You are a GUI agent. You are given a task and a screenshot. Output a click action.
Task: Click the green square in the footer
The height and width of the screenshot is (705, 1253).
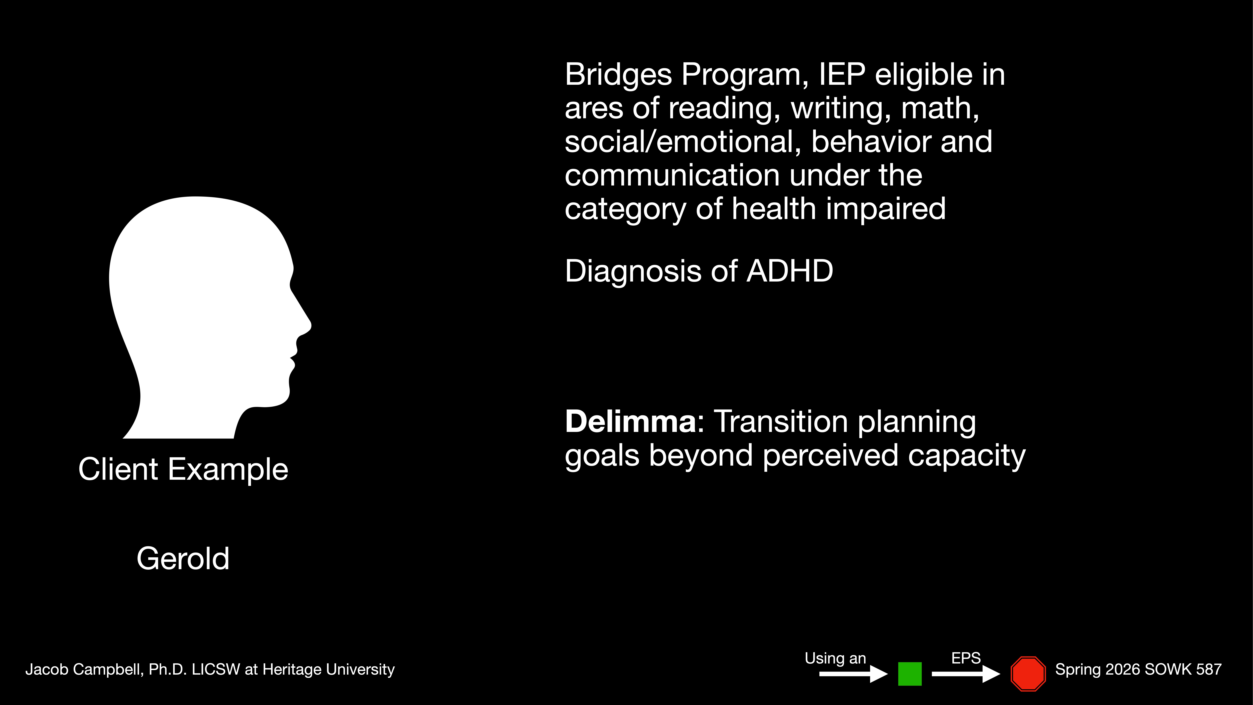tap(910, 674)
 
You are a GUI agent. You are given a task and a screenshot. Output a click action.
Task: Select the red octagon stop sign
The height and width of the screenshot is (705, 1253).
tap(1028, 674)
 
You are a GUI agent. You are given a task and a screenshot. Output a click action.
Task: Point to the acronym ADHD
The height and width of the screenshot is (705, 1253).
tap(789, 271)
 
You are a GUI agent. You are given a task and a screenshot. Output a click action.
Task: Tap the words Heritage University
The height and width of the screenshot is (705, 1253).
tap(328, 669)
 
